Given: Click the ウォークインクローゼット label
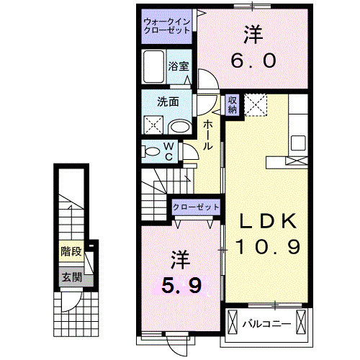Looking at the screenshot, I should pos(166,27).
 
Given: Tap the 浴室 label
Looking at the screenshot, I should pos(179,66).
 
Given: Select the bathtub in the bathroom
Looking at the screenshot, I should pos(154,69).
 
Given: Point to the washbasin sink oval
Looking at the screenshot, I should pos(180,127).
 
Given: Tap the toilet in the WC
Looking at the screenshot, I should pos(153,152).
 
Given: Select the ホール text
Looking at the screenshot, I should pos(207,135).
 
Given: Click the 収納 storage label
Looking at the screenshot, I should pos(233,105).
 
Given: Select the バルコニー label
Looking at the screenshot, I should pos(266,323).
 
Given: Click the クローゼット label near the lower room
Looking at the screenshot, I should pos(196,207).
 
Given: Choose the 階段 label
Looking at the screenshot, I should pos(70,252).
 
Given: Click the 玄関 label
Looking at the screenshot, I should pos(70,276).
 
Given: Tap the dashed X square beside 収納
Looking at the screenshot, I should pos(256,105).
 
